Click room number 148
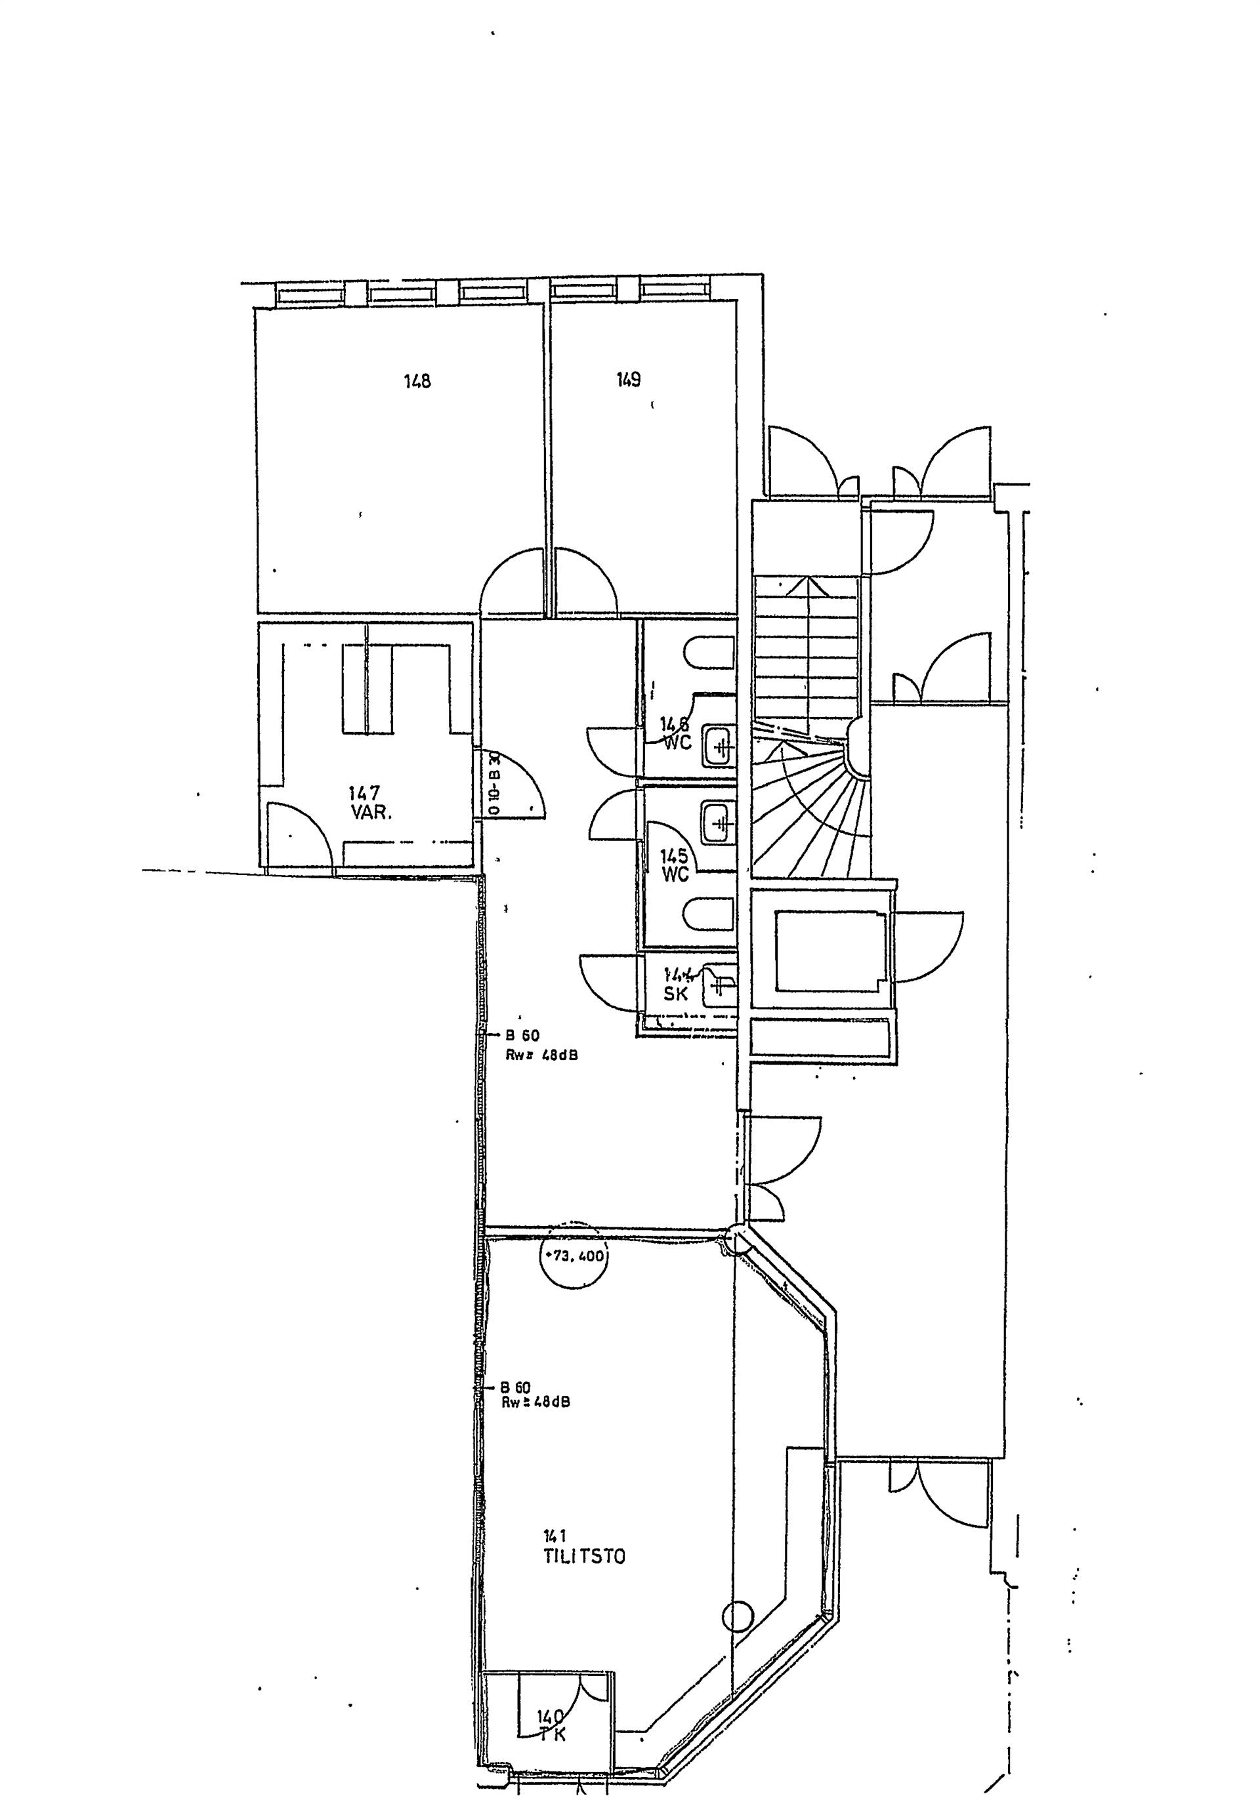[x=417, y=381]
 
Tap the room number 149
[x=629, y=380]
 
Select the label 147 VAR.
[x=369, y=802]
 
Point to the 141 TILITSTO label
[x=583, y=1546]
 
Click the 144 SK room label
[x=677, y=984]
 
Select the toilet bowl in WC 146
[x=708, y=653]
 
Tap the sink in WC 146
[x=719, y=746]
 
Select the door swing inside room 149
[x=584, y=582]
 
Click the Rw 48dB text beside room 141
[x=535, y=1402]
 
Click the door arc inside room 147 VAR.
[x=296, y=835]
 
